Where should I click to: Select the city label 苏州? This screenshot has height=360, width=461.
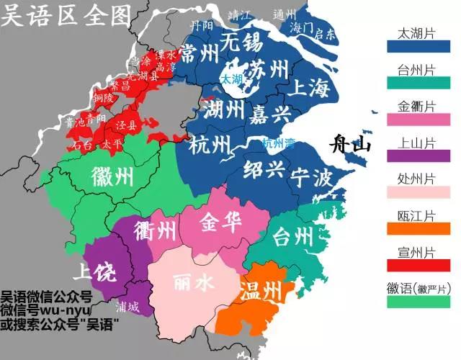269,70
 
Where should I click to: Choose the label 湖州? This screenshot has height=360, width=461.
223,110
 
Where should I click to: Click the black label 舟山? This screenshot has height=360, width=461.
349,145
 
